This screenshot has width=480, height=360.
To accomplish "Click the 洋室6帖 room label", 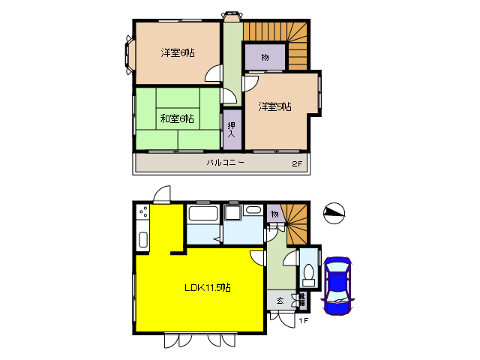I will click(178, 53).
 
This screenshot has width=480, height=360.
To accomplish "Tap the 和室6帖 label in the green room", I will click(176, 118).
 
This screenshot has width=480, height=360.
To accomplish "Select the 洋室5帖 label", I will click(274, 106).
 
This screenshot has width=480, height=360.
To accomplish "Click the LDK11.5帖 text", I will click(208, 287).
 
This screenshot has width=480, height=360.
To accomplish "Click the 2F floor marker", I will click(298, 163).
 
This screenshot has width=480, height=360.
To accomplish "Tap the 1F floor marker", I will click(303, 321).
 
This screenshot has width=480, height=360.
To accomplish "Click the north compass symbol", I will click(334, 214).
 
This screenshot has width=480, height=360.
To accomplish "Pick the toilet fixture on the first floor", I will click(307, 274).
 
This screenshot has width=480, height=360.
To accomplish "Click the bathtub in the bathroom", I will click(202, 214).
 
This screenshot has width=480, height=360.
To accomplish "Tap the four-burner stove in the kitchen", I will click(142, 214).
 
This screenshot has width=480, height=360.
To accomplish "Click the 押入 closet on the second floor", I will click(232, 129).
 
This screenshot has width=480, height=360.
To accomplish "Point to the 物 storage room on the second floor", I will click(265, 58).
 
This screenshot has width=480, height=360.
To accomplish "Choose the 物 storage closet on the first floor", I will click(274, 215).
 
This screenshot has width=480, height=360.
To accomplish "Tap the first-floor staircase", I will click(298, 219).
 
